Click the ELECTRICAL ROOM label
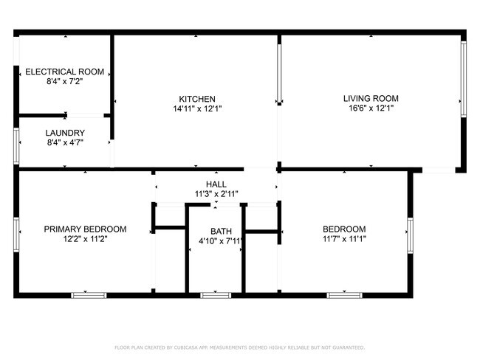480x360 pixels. pos(65,72)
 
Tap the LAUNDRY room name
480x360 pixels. pos(65,133)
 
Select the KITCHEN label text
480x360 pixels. pos(197,99)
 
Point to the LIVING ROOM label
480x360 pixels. pos(371,98)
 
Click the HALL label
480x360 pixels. pos(216,184)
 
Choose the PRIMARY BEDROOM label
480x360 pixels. pos(85,229)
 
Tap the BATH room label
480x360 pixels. pos(221,231)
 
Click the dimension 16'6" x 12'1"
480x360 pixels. pos(371,108)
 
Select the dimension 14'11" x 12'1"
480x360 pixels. pos(197,108)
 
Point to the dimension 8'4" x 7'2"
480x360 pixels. pos(65,81)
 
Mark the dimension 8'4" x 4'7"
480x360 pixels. pos(65,142)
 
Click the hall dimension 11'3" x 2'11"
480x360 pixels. pos(216,194)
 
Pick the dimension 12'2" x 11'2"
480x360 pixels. pos(85,239)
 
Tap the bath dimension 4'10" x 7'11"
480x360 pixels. pos(221,240)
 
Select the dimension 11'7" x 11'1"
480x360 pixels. pos(344,239)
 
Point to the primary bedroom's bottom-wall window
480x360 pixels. pos(89,294)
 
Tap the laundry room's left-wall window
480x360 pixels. pos(16,145)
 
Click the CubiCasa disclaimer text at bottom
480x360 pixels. pos(239,346)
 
